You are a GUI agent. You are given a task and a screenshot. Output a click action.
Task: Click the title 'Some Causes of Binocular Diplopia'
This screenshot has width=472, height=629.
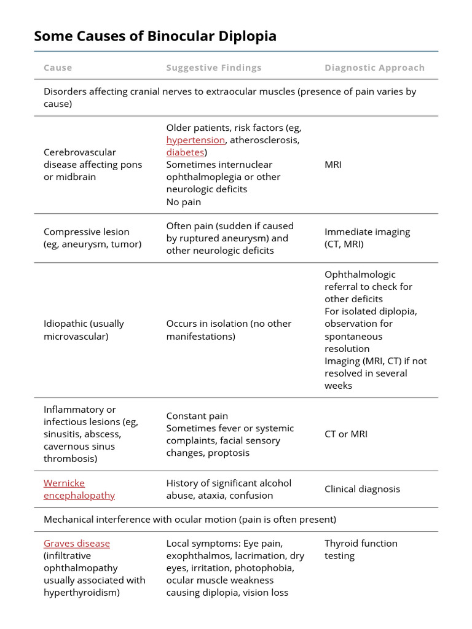(x=155, y=36)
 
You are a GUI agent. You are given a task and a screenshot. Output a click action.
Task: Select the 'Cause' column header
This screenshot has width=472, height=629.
(x=58, y=68)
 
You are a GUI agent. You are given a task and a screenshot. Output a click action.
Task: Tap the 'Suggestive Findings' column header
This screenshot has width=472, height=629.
(x=213, y=68)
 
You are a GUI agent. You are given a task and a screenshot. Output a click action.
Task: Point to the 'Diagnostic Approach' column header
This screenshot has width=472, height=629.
(x=374, y=68)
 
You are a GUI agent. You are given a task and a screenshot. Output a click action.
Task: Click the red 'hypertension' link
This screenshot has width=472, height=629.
(x=195, y=140)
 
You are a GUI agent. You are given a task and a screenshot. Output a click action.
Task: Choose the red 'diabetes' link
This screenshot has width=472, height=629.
(x=185, y=152)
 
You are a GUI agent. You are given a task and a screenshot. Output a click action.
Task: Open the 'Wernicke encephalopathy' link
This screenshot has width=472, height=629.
(x=79, y=489)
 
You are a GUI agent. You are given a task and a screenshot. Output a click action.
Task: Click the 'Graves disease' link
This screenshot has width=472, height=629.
(x=77, y=544)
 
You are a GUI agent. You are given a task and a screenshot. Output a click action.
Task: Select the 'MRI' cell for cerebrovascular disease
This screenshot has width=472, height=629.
(x=333, y=165)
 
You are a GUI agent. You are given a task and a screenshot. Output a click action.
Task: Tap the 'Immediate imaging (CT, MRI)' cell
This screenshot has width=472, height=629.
(x=367, y=238)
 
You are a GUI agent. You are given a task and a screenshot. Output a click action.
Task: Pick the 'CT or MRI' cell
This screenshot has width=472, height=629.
(x=346, y=434)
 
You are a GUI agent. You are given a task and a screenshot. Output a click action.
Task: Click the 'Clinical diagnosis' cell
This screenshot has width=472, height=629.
(x=362, y=489)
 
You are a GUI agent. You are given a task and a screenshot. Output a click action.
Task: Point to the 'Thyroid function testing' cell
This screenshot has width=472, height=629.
(x=361, y=550)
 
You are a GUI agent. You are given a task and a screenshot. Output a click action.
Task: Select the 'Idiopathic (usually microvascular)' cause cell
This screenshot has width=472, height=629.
(x=84, y=330)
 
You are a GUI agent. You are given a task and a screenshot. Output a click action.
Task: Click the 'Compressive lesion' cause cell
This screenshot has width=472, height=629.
(x=92, y=238)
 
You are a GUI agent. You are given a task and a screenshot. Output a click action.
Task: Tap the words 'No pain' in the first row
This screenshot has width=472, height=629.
(x=183, y=202)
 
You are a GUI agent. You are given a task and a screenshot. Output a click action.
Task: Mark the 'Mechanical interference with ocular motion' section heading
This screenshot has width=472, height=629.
(x=190, y=520)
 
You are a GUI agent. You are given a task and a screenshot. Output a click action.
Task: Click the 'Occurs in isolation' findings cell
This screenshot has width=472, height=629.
(x=229, y=330)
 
